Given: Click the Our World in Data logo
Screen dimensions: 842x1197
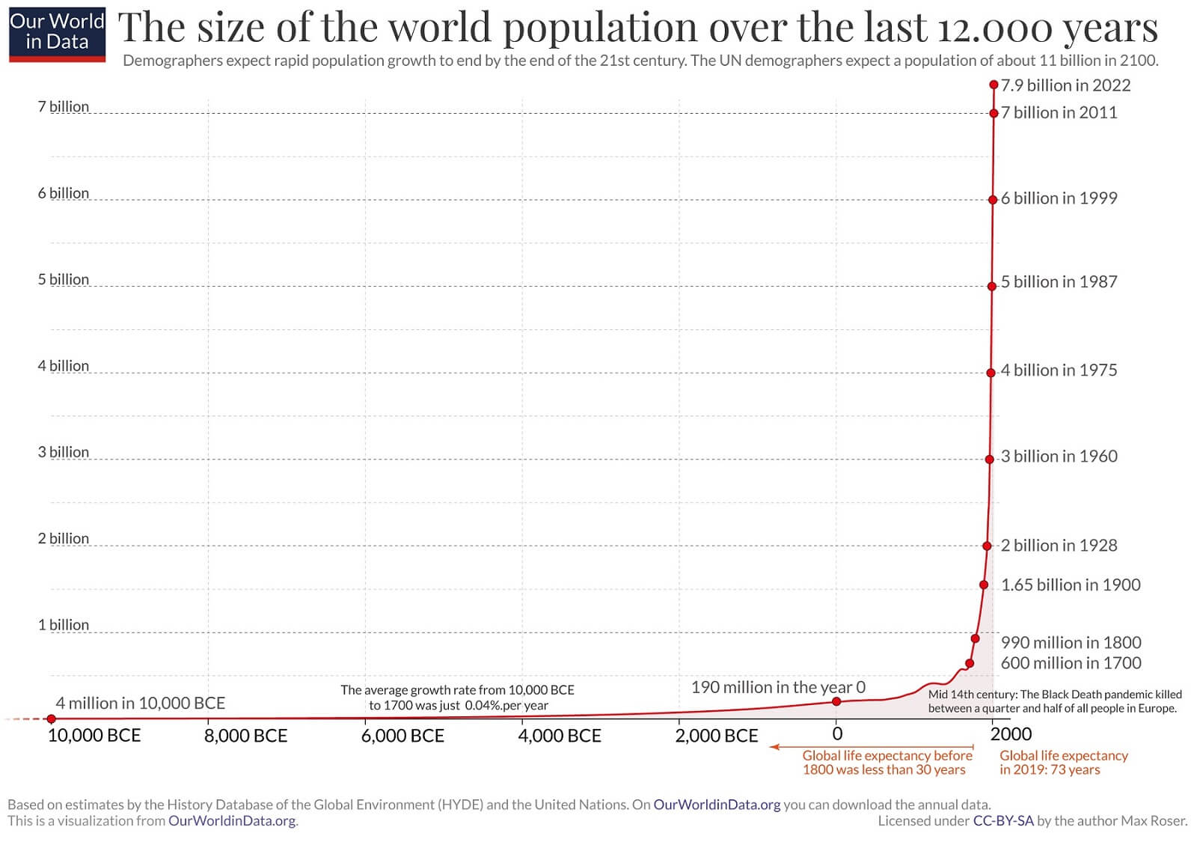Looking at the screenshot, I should (x=57, y=33).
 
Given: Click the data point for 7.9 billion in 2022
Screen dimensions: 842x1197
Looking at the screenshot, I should (x=994, y=85).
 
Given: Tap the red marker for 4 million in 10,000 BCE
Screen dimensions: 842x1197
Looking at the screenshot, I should (x=51, y=719).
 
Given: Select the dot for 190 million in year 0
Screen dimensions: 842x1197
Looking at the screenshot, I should (x=836, y=701).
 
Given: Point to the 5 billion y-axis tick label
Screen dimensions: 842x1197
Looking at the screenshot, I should (x=64, y=279).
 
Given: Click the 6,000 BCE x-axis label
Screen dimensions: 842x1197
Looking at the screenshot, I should (x=402, y=736).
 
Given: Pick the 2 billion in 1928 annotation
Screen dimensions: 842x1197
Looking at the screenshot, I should (x=1059, y=545).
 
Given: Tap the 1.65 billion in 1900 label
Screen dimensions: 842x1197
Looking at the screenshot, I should (x=1071, y=585).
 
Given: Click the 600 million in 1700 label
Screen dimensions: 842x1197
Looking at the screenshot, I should (x=1071, y=662).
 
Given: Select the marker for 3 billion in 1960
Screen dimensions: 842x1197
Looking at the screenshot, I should (x=989, y=459).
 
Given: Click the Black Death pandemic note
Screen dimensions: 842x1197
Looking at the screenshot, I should (x=1055, y=701).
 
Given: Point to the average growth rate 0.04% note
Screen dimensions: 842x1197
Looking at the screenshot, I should (x=458, y=698).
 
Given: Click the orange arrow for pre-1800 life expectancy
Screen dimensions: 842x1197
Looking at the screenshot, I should (x=872, y=747).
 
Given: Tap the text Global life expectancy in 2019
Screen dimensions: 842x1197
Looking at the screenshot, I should (x=1063, y=762).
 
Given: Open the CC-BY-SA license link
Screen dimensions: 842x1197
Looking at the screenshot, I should (x=1002, y=820).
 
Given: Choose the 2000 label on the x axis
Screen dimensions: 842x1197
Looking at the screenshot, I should (x=1011, y=734).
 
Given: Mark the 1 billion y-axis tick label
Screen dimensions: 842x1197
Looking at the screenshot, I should (x=64, y=624).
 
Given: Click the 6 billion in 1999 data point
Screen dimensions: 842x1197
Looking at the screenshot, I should (x=993, y=200).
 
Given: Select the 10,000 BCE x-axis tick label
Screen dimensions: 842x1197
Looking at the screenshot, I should (x=94, y=736).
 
